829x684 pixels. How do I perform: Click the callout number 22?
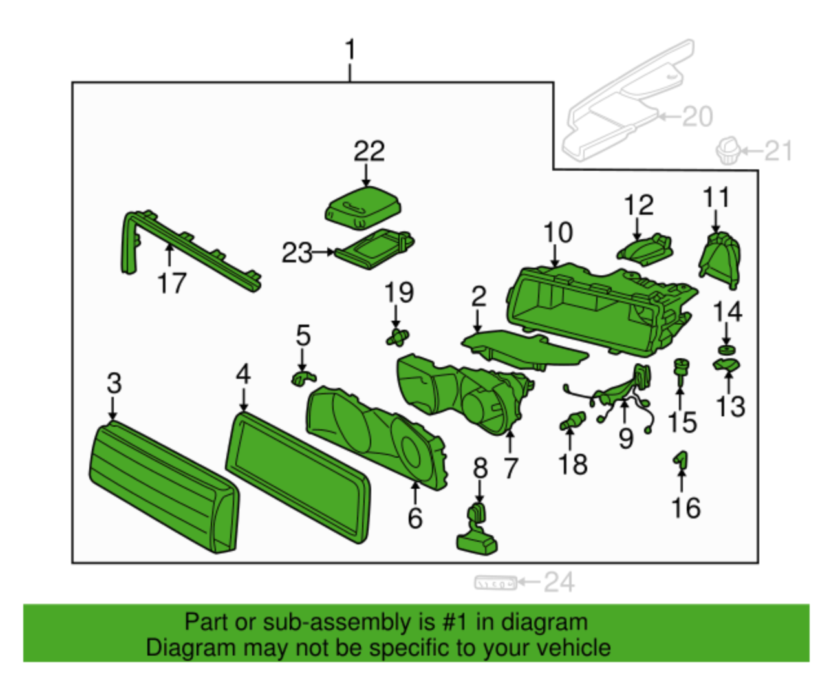(x=369, y=151)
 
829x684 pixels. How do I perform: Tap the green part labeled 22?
(x=363, y=207)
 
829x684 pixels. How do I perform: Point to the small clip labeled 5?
(x=302, y=378)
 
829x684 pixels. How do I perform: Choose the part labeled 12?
(x=645, y=248)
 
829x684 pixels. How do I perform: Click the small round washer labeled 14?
(x=727, y=350)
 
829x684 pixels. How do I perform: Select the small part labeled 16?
(x=680, y=460)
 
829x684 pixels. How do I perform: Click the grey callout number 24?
(x=558, y=582)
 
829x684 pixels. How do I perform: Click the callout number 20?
(x=697, y=117)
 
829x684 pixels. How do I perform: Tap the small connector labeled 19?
(x=398, y=336)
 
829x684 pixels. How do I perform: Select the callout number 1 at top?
(x=350, y=50)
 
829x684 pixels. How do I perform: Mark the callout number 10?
(x=557, y=233)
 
